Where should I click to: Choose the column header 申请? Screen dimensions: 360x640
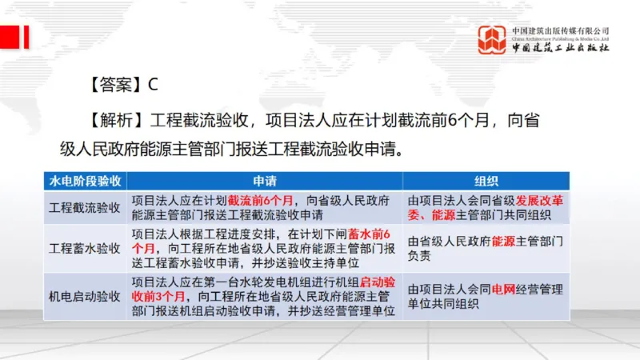click(x=264, y=181)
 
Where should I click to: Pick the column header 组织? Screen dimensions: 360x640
click(x=486, y=181)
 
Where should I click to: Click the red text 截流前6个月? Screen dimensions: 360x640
click(x=262, y=200)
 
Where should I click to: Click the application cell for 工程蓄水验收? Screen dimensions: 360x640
click(x=264, y=247)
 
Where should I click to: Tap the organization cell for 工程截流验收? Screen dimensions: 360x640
click(x=486, y=207)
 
